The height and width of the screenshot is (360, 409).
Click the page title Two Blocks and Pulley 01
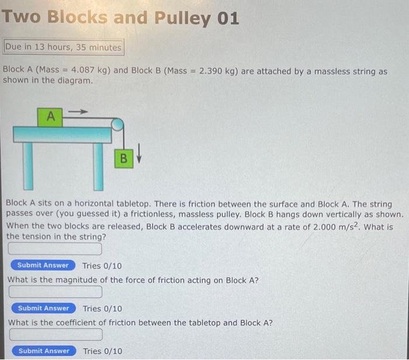click(120, 18)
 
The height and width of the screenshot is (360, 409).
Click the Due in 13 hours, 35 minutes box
click(63, 47)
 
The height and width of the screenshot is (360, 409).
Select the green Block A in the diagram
click(51, 116)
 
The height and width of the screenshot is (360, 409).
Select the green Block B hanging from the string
click(123, 158)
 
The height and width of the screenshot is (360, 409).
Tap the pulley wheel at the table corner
click(117, 124)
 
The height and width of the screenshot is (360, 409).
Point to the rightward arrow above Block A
click(80, 110)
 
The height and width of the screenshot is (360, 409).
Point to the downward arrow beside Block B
click(139, 158)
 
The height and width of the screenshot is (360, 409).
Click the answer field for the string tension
click(55, 250)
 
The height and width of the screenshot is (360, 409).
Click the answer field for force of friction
click(55, 292)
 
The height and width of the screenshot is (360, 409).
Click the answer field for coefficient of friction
click(55, 335)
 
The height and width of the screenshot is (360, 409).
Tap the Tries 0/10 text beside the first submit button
click(102, 266)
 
